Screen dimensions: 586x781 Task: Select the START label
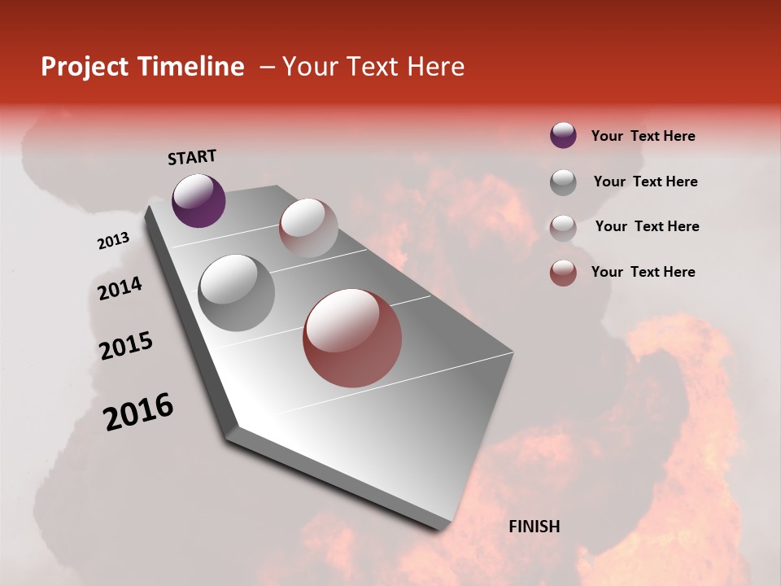pyautogui.click(x=192, y=157)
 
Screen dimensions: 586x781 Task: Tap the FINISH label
pyautogui.click(x=534, y=527)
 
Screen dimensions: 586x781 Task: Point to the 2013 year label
pyautogui.click(x=113, y=241)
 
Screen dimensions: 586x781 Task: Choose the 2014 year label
pyautogui.click(x=120, y=288)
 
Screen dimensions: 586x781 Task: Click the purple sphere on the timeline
pyautogui.click(x=199, y=200)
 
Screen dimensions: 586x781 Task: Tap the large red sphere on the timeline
pyautogui.click(x=352, y=338)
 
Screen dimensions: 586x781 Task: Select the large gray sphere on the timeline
pyautogui.click(x=237, y=292)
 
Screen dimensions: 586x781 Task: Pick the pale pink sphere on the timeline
pyautogui.click(x=308, y=228)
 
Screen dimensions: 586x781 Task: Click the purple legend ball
pyautogui.click(x=563, y=135)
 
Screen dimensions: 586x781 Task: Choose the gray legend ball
pyautogui.click(x=563, y=181)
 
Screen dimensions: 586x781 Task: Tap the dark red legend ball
pyautogui.click(x=563, y=273)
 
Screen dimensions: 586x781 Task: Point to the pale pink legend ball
pyautogui.click(x=563, y=227)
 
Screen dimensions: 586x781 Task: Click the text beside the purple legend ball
pyautogui.click(x=643, y=136)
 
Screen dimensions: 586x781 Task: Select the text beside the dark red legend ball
pyautogui.click(x=643, y=272)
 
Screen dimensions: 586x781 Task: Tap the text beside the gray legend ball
pyautogui.click(x=645, y=181)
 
